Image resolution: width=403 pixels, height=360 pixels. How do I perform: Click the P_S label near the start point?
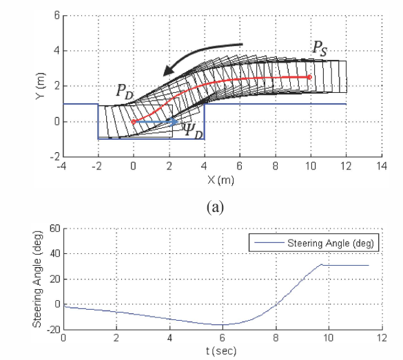tap(320, 49)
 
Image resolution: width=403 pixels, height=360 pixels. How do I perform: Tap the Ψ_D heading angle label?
tap(193, 131)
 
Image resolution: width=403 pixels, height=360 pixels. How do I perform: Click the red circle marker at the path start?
tap(310, 77)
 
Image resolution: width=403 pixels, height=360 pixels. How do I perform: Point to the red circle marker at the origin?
tap(133, 122)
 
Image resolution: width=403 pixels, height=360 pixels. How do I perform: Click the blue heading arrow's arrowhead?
tap(174, 121)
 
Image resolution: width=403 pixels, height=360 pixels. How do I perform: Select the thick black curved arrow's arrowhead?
tap(168, 71)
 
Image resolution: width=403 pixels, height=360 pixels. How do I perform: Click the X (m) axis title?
tap(220, 180)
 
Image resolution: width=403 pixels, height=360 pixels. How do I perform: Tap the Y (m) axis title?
tap(41, 86)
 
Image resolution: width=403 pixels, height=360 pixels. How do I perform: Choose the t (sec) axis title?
tap(221, 351)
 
